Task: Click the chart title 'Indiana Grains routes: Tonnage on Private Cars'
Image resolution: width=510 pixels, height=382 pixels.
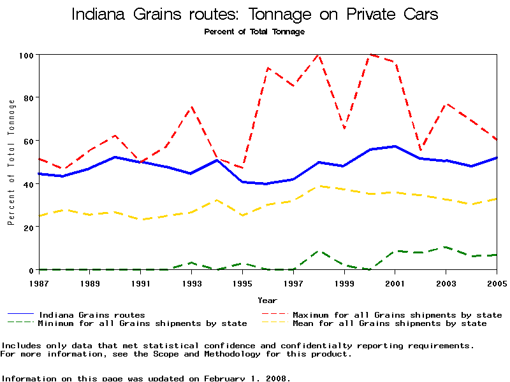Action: [254, 14]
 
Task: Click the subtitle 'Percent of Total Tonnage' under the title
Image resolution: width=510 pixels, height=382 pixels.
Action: [254, 32]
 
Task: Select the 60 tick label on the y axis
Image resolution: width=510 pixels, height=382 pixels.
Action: [27, 141]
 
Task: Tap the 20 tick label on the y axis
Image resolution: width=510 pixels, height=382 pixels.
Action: [27, 227]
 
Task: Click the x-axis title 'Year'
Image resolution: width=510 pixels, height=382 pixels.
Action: [267, 300]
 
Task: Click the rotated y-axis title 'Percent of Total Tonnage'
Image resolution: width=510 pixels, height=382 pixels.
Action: [11, 162]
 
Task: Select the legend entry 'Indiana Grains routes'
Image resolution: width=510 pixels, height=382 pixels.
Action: [92, 315]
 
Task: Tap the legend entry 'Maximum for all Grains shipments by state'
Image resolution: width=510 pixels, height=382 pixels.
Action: [397, 315]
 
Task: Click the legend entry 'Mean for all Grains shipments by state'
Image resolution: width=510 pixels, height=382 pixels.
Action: [389, 323]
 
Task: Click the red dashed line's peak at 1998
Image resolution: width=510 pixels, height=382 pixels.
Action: [319, 55]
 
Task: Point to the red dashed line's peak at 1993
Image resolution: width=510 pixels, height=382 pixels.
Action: [191, 107]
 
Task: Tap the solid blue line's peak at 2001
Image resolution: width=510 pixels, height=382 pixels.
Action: [395, 146]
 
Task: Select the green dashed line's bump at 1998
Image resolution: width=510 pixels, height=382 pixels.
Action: [319, 251]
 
